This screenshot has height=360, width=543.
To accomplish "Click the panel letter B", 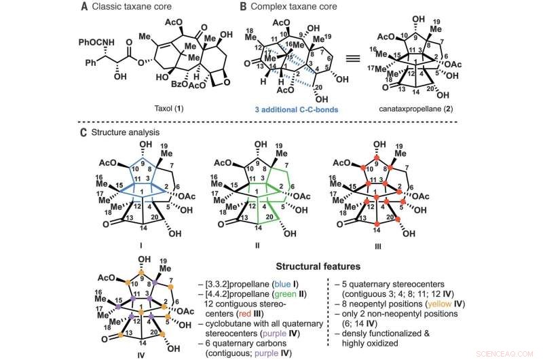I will [242, 7].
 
